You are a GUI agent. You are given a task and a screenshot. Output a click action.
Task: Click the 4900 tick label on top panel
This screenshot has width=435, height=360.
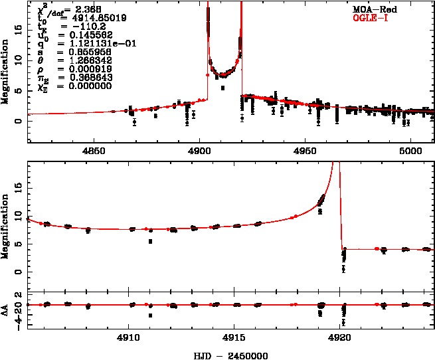coord(200,151)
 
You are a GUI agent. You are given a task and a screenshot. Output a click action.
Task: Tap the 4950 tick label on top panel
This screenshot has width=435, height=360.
coord(305,151)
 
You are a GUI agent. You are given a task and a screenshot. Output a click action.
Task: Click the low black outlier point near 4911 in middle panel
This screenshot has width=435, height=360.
coord(151,241)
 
